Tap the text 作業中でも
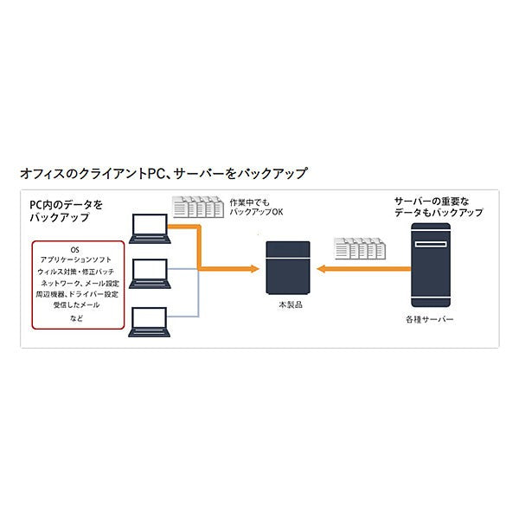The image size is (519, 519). (x=248, y=202)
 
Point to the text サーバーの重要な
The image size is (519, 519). (x=434, y=201)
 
